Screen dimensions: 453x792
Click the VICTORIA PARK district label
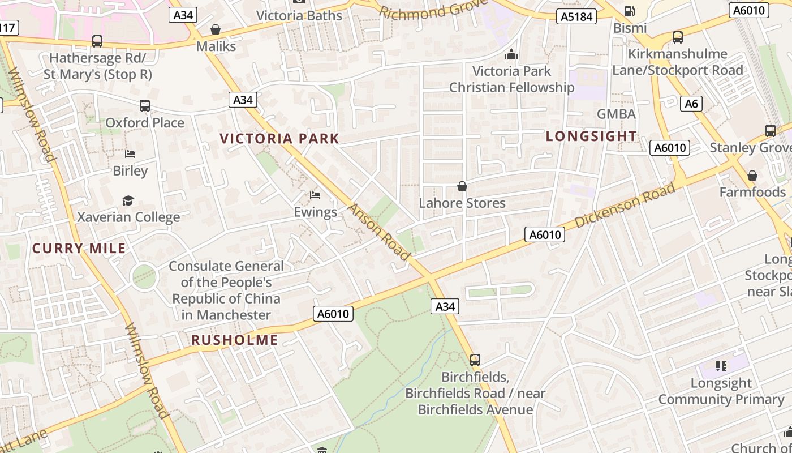pos(279,139)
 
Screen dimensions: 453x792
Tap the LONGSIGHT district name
pos(591,136)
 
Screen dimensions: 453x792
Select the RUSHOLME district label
pos(234,340)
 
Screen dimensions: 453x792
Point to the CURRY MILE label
pos(79,249)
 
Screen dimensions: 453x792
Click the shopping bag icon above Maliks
pos(216,29)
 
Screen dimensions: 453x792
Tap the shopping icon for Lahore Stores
pos(462,186)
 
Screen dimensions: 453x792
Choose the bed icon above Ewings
pos(315,196)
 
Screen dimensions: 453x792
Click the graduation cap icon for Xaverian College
pos(128,201)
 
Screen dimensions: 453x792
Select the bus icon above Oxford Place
pos(145,106)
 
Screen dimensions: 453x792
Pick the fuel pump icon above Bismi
pos(629,11)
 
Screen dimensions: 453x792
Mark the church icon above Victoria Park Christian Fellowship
pos(511,54)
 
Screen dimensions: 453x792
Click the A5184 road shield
pos(576,16)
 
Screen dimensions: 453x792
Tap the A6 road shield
pos(691,104)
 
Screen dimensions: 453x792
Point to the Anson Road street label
pos(378,232)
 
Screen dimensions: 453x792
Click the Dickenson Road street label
pos(625,206)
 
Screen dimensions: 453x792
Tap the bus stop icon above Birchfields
pos(475,360)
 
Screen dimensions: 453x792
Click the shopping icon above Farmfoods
pos(752,176)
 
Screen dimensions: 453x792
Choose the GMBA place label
pos(616,114)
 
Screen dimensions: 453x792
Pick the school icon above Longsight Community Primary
pos(721,366)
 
